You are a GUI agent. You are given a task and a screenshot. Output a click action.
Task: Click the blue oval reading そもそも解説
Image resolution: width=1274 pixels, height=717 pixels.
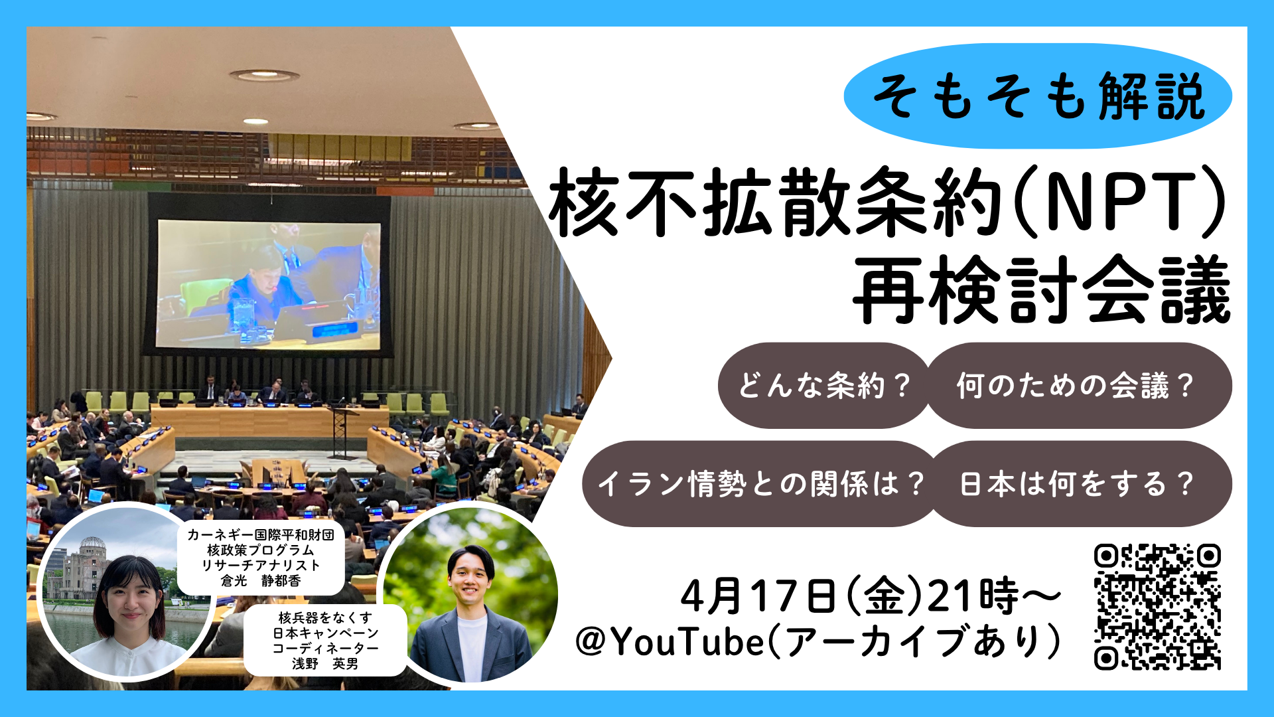(x=1038, y=96)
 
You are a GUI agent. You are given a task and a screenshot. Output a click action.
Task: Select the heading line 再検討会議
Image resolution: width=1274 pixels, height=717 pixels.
(x=1042, y=289)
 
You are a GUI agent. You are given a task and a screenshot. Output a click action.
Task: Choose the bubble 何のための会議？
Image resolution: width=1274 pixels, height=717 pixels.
(x=1078, y=385)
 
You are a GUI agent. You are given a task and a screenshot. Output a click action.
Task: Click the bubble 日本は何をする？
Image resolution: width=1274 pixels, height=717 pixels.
(x=1080, y=483)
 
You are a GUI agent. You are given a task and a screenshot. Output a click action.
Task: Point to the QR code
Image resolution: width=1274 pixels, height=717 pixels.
(x=1157, y=606)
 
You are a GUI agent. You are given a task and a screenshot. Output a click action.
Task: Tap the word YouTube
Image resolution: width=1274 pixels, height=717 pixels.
(x=687, y=643)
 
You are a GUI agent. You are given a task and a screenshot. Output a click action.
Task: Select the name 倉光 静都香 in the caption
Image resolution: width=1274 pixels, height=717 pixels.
(x=261, y=581)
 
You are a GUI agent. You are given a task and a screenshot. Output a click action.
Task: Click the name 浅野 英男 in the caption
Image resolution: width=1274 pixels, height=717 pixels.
(x=325, y=663)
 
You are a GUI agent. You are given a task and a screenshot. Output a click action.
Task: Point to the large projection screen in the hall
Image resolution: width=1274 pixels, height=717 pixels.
(x=268, y=284)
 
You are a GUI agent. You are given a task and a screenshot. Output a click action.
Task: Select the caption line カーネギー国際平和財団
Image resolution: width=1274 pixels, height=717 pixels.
(x=261, y=535)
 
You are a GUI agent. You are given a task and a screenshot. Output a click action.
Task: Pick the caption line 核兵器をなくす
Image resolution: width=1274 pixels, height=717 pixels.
(x=325, y=618)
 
